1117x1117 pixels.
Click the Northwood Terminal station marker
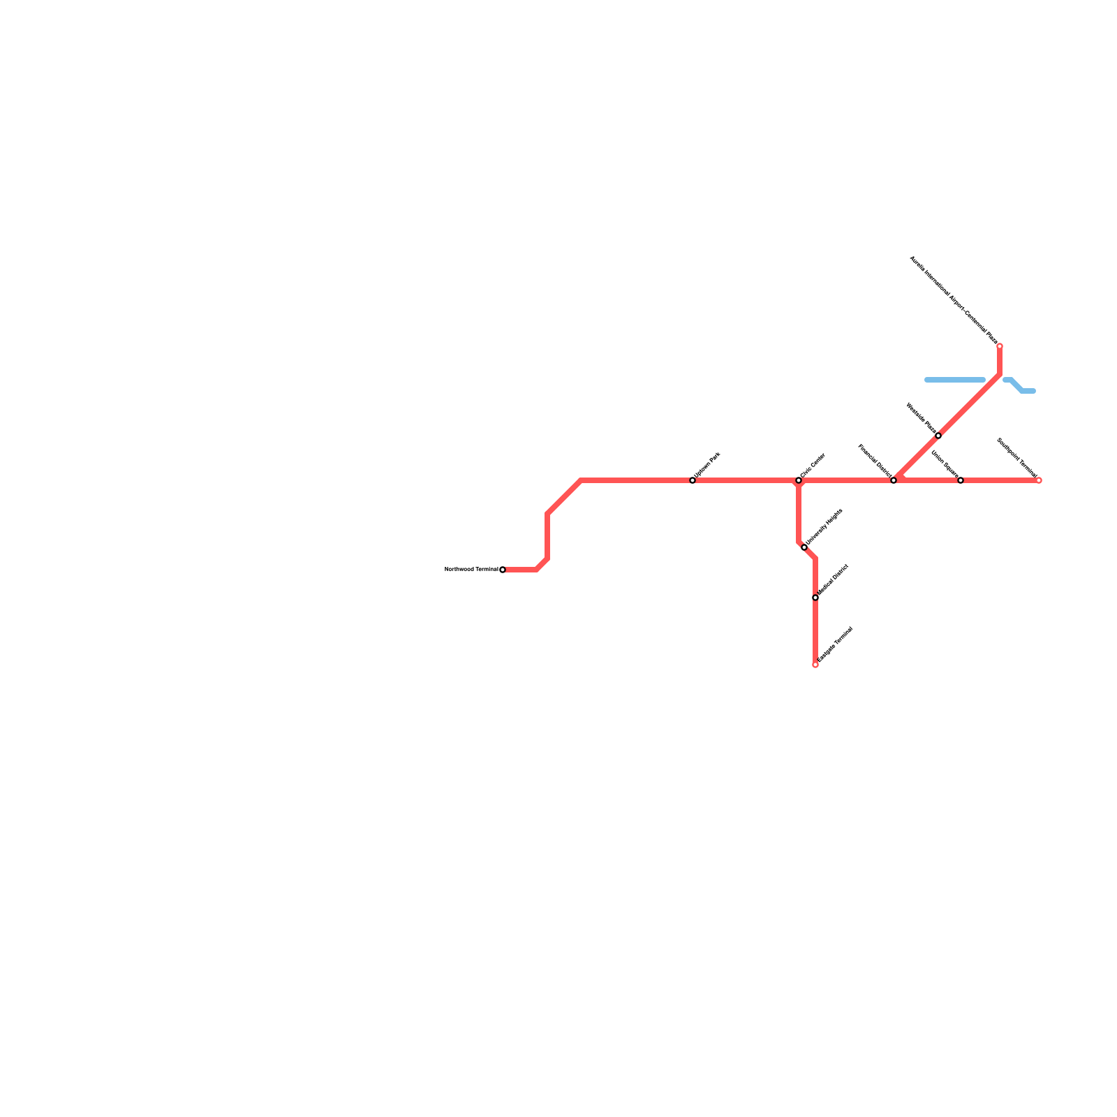click(x=503, y=570)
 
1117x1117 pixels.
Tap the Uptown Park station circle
click(x=693, y=480)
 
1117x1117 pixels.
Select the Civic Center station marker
click(x=799, y=480)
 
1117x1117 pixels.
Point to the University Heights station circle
click(x=804, y=547)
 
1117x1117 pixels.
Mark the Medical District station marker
click(x=815, y=598)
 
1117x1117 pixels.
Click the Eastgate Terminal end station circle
click(x=815, y=665)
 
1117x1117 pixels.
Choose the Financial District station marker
click(x=894, y=480)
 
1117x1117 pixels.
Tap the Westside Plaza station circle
click(x=938, y=436)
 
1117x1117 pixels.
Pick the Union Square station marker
click(x=961, y=480)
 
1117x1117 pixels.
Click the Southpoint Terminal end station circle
click(x=1039, y=480)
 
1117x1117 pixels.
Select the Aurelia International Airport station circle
click(x=1000, y=346)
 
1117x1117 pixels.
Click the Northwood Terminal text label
click(x=471, y=570)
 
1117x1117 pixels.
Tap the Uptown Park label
click(x=707, y=466)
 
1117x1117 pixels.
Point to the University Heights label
click(x=824, y=527)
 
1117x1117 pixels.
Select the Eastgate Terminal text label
click(x=835, y=644)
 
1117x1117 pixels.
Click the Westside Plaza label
click(x=921, y=417)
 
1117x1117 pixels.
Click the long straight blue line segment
click(x=955, y=380)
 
